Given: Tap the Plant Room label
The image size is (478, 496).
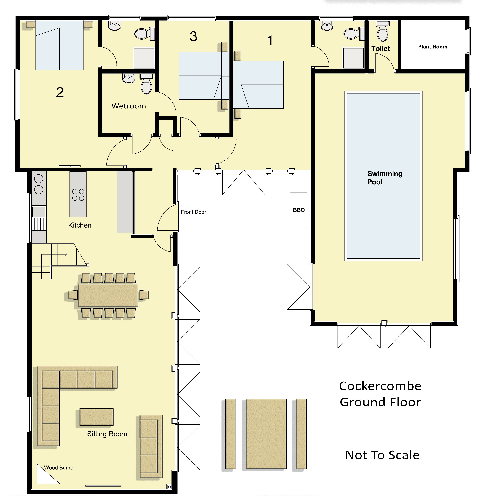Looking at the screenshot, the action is pos(432,47).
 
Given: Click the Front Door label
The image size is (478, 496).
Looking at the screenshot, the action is pos(193,212).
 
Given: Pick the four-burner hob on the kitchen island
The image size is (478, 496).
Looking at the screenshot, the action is pos(78,195).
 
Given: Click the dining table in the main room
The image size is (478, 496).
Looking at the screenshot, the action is pos(108,295).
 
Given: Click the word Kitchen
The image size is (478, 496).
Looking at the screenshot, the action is pos(80,225).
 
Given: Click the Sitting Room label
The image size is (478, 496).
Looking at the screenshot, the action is pos(107,434).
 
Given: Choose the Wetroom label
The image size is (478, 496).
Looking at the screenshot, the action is pos(129,106).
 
